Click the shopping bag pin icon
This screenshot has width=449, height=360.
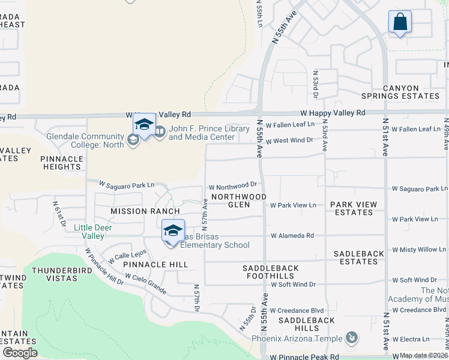[x=400, y=23]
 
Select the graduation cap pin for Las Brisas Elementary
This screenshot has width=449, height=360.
[x=173, y=232]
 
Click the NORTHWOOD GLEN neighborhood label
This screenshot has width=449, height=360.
[x=238, y=200]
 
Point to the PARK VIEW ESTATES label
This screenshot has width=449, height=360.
[x=354, y=208]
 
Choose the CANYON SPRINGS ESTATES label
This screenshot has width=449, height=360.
[x=400, y=92]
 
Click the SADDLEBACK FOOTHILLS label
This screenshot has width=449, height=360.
[x=268, y=271]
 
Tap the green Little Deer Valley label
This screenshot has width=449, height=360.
[x=92, y=232]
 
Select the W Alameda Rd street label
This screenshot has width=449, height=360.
[x=292, y=236]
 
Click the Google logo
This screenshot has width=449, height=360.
[x=20, y=353]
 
